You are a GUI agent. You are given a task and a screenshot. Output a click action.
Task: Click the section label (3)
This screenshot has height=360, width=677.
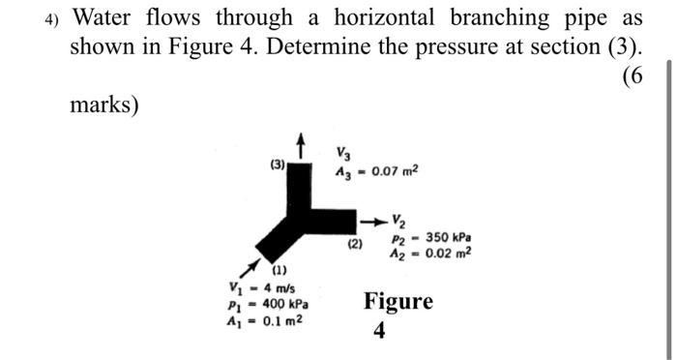click(x=278, y=165)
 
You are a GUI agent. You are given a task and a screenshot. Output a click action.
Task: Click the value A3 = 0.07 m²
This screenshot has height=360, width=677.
click(x=377, y=172)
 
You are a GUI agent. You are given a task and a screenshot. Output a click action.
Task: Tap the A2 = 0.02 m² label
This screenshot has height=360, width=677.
click(x=432, y=254)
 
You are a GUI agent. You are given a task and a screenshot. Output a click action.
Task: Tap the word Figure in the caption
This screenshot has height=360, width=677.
click(x=398, y=301)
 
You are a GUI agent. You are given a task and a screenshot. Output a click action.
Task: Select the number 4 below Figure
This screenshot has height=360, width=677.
click(x=378, y=331)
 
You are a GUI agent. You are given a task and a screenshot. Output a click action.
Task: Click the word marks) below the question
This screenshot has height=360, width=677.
click(x=104, y=104)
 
